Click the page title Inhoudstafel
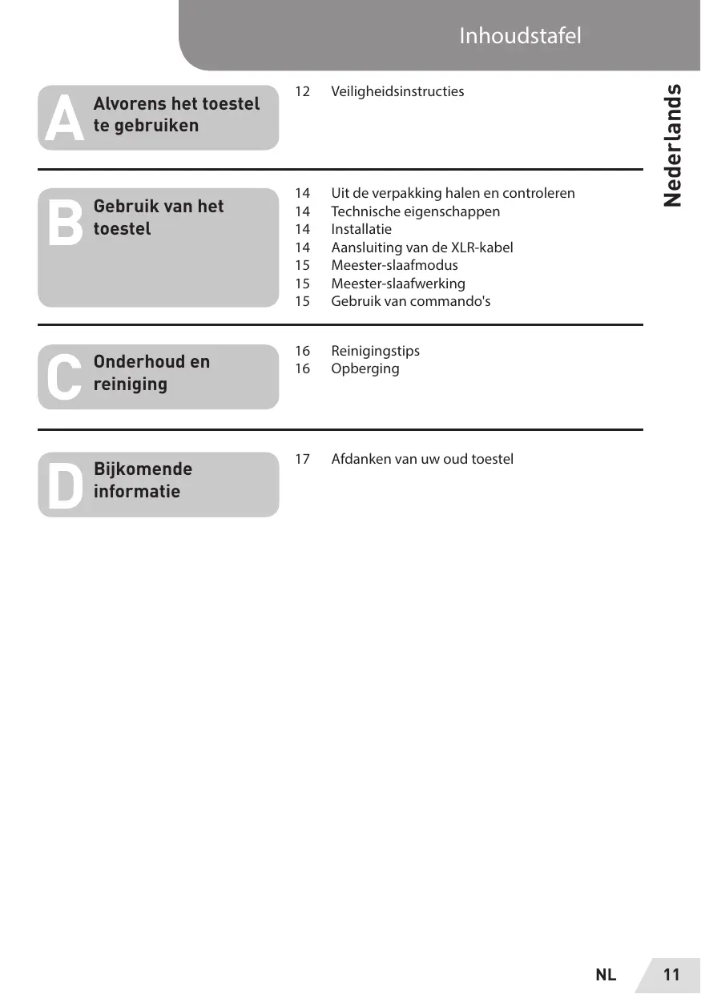(520, 36)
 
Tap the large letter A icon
(64, 119)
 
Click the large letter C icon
(64, 376)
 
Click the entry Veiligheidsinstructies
(397, 91)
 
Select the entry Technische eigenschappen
(415, 211)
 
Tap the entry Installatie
(361, 229)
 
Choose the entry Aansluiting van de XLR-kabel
(421, 247)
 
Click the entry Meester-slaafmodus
(394, 265)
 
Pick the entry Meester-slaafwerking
(397, 284)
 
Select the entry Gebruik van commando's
(410, 301)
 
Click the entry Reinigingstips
(375, 351)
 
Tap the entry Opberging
(365, 368)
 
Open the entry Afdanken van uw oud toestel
(422, 459)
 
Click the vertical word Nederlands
(673, 144)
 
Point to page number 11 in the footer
(671, 975)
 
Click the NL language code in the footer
(606, 975)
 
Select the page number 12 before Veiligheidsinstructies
(302, 91)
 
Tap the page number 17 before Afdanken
(302, 459)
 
